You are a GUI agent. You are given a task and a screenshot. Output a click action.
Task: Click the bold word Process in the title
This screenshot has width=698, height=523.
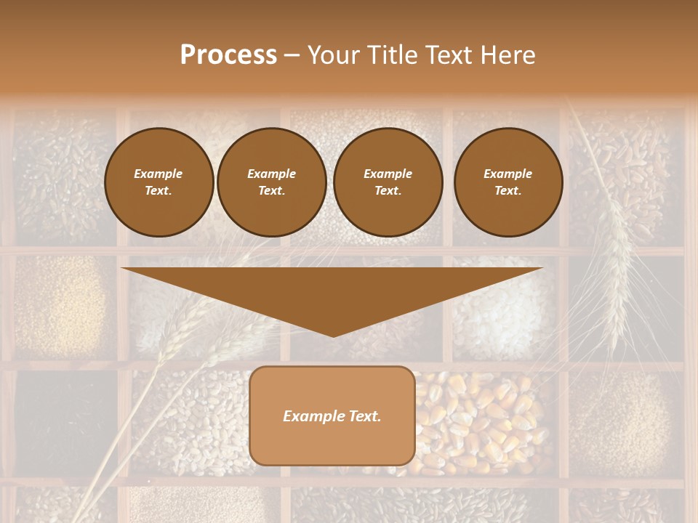coord(228,55)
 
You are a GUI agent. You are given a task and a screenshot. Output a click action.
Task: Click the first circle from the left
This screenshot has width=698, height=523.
coord(159,182)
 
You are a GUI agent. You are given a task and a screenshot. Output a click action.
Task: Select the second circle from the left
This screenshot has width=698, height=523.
coord(271,182)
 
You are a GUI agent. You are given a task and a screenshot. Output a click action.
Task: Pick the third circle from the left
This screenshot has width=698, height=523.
coord(388,182)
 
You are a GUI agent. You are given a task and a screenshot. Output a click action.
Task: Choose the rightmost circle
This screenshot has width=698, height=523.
coord(508,182)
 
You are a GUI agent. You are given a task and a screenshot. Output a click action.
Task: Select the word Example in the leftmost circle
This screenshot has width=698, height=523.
coord(159,174)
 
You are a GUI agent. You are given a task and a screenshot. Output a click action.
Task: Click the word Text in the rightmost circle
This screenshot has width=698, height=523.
coord(508,191)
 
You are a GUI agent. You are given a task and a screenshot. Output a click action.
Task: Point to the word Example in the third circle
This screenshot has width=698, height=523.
coord(388,174)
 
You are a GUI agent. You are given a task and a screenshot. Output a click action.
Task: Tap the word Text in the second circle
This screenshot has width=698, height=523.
coord(271,191)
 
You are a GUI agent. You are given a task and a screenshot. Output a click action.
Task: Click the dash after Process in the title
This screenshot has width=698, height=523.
coord(292,56)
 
